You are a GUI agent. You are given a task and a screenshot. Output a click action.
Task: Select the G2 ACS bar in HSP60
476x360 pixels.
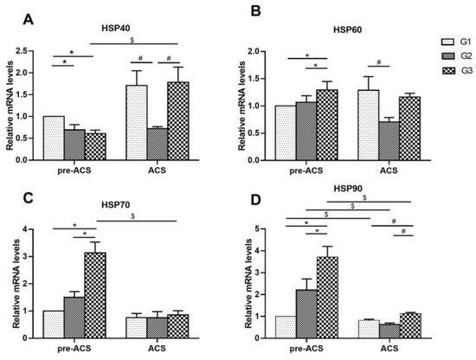[370, 140]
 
